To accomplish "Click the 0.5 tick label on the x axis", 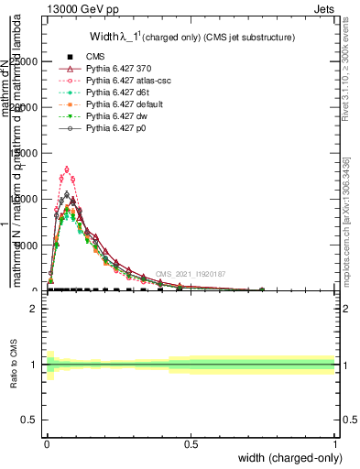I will (x=191, y=443).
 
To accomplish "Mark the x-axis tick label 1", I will (x=334, y=443).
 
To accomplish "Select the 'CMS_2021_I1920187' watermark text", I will (x=190, y=274).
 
